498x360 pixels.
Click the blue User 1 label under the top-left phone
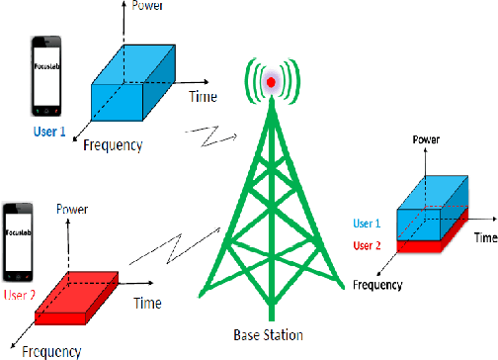click(49, 129)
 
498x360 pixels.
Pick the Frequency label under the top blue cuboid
click(112, 145)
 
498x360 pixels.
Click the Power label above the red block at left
click(74, 209)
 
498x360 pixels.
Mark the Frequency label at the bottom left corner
click(46, 350)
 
